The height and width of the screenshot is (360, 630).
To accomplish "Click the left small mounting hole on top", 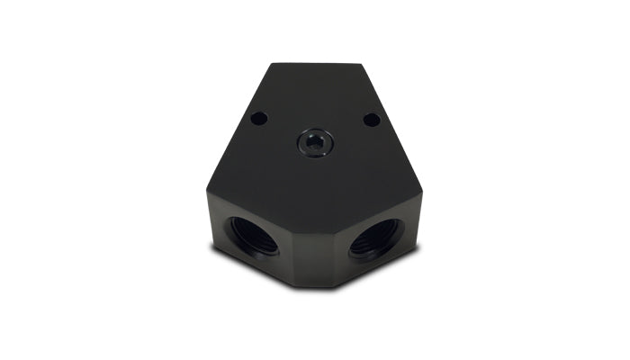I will click(258, 118).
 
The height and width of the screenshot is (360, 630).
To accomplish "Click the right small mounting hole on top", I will click(370, 119).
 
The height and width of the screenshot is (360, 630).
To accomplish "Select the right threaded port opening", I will click(378, 236).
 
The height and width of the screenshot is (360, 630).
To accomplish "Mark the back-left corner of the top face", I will click(271, 63).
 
